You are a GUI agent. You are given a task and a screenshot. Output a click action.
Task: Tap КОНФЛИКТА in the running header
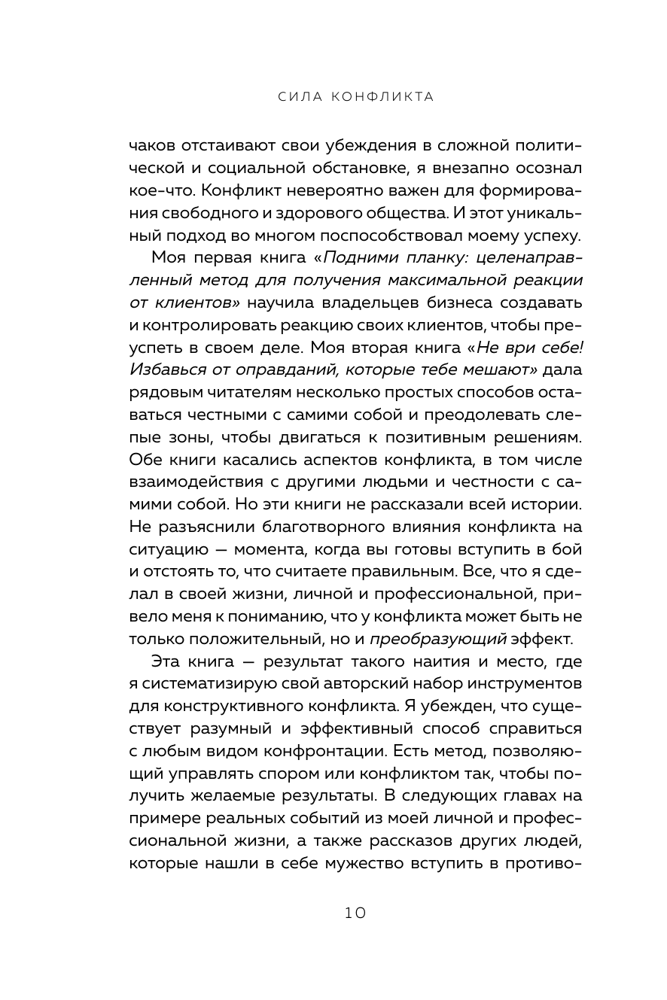tap(383, 97)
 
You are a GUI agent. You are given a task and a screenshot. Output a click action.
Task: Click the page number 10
tap(355, 913)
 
